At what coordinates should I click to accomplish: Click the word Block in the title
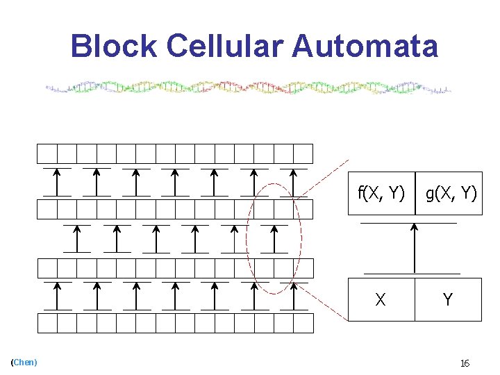coord(115,47)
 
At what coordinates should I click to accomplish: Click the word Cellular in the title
coord(225,47)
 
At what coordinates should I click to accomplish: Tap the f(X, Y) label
coord(381,193)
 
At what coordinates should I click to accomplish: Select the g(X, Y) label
coord(451,193)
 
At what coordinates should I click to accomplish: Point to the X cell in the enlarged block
coord(381,300)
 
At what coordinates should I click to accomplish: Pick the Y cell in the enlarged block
coord(448,300)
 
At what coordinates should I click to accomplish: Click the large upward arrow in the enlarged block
coord(415,247)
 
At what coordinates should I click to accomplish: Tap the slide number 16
coord(465,363)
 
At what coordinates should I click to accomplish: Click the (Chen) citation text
coord(24,362)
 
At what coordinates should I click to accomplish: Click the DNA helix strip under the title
coord(249,88)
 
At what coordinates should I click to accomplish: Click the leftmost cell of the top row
coord(47,153)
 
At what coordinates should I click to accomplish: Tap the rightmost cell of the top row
coord(303,153)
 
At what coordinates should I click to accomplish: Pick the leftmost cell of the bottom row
coord(47,323)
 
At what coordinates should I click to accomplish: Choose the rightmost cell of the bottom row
coord(303,323)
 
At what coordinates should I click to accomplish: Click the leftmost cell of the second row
coord(47,209)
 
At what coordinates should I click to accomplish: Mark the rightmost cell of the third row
coord(303,268)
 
